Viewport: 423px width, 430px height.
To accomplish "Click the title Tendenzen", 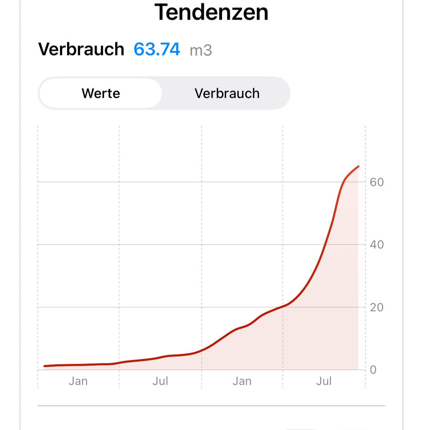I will click(211, 12).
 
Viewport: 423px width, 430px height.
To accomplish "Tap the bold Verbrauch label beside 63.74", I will click(81, 49).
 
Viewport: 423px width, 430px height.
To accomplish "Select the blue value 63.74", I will click(157, 49).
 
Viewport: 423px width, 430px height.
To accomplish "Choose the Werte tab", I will click(101, 93).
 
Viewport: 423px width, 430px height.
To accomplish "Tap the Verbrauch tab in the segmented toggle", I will click(227, 93).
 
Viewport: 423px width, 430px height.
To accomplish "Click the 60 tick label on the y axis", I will click(377, 182).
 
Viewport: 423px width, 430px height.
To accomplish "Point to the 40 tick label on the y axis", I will click(377, 244).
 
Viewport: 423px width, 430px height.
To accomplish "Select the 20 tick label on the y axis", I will click(377, 307).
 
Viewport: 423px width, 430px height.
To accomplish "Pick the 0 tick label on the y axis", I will click(373, 370).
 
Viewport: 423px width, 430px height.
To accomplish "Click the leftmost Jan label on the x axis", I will click(78, 381).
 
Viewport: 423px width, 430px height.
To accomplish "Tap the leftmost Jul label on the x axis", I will click(160, 381).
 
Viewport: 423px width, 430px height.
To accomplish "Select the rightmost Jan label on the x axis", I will click(242, 381).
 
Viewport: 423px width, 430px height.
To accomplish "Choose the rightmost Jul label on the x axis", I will click(324, 381).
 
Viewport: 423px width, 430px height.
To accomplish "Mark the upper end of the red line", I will click(358, 166).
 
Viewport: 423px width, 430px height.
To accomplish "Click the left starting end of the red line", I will click(45, 366).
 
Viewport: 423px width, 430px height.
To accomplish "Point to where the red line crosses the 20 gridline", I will click(285, 307).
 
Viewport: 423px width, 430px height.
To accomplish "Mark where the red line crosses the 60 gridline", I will click(344, 182).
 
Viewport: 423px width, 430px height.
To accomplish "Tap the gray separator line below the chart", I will click(211, 406).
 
